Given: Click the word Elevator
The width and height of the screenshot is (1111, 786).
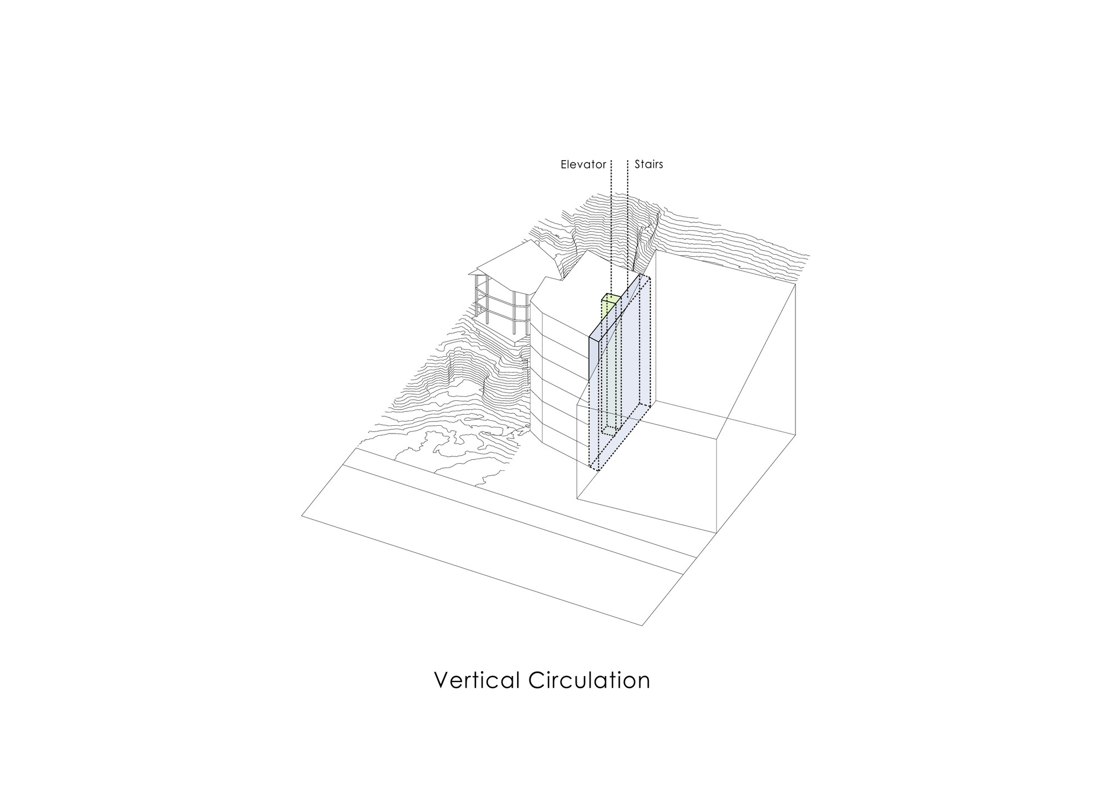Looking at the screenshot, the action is [583, 165].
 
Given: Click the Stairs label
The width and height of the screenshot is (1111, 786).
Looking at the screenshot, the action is [649, 165].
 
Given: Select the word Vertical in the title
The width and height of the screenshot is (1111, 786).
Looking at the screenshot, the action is [477, 680].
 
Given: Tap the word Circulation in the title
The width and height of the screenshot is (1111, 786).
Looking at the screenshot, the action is [589, 680].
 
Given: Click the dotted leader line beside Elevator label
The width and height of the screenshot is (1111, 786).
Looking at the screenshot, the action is [611, 227].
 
